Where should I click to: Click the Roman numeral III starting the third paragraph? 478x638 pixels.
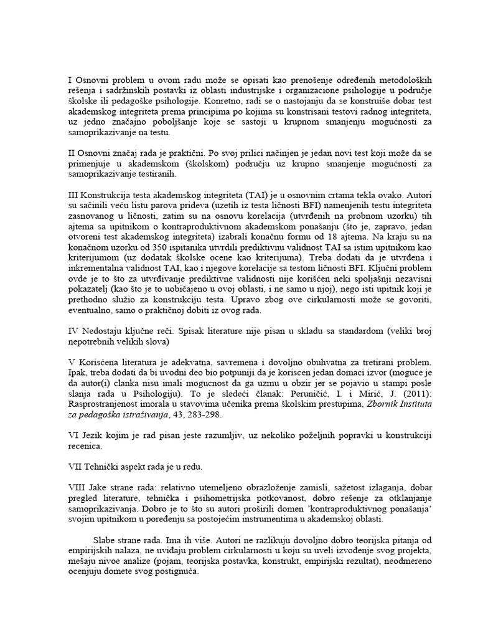73,194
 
